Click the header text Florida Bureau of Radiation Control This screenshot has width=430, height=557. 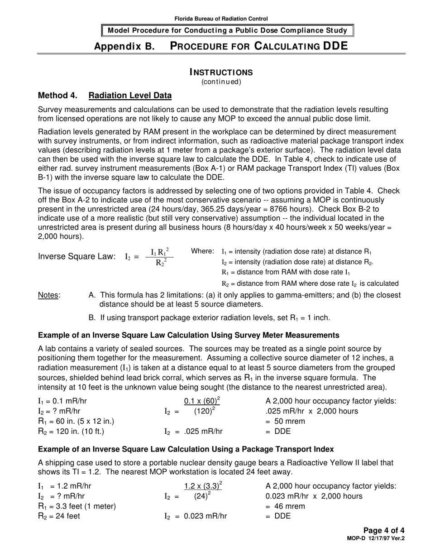point(221,19)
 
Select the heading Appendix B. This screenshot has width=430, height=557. point(124,46)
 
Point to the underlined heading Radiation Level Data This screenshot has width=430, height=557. point(130,96)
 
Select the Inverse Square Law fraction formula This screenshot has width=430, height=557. point(159,256)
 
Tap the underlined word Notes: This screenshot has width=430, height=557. point(49,295)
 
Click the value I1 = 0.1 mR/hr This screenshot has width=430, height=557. point(62,401)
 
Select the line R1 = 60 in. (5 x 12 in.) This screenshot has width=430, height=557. point(76,421)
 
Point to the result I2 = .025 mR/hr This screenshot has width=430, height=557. point(193,432)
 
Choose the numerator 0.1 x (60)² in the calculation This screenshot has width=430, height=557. point(202,401)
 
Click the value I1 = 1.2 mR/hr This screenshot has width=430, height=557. point(62,486)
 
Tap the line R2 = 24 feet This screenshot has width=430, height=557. point(59,516)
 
